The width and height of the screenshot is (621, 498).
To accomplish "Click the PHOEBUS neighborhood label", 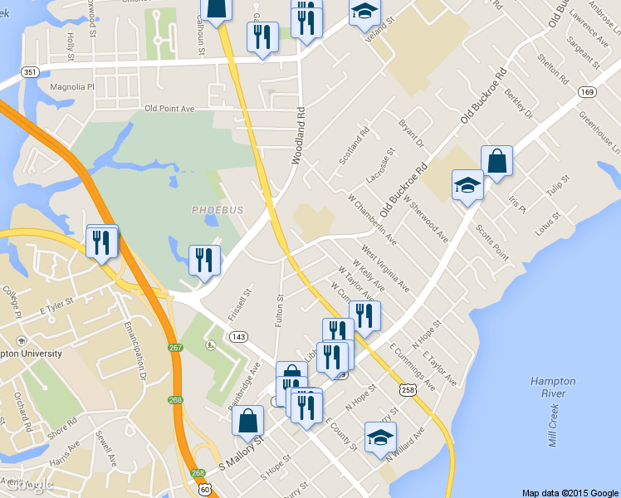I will click(218, 210).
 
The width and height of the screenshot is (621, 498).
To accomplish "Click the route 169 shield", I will click(588, 91).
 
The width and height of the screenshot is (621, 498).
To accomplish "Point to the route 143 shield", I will click(239, 336).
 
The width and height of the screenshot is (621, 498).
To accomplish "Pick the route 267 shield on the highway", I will click(175, 348).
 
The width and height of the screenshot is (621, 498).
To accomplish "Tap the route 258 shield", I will click(408, 389).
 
